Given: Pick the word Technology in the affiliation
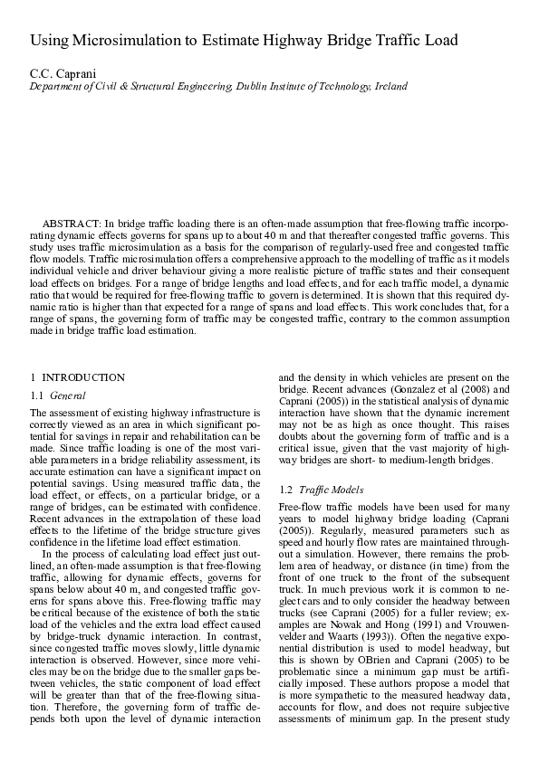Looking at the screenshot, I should [337, 87].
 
